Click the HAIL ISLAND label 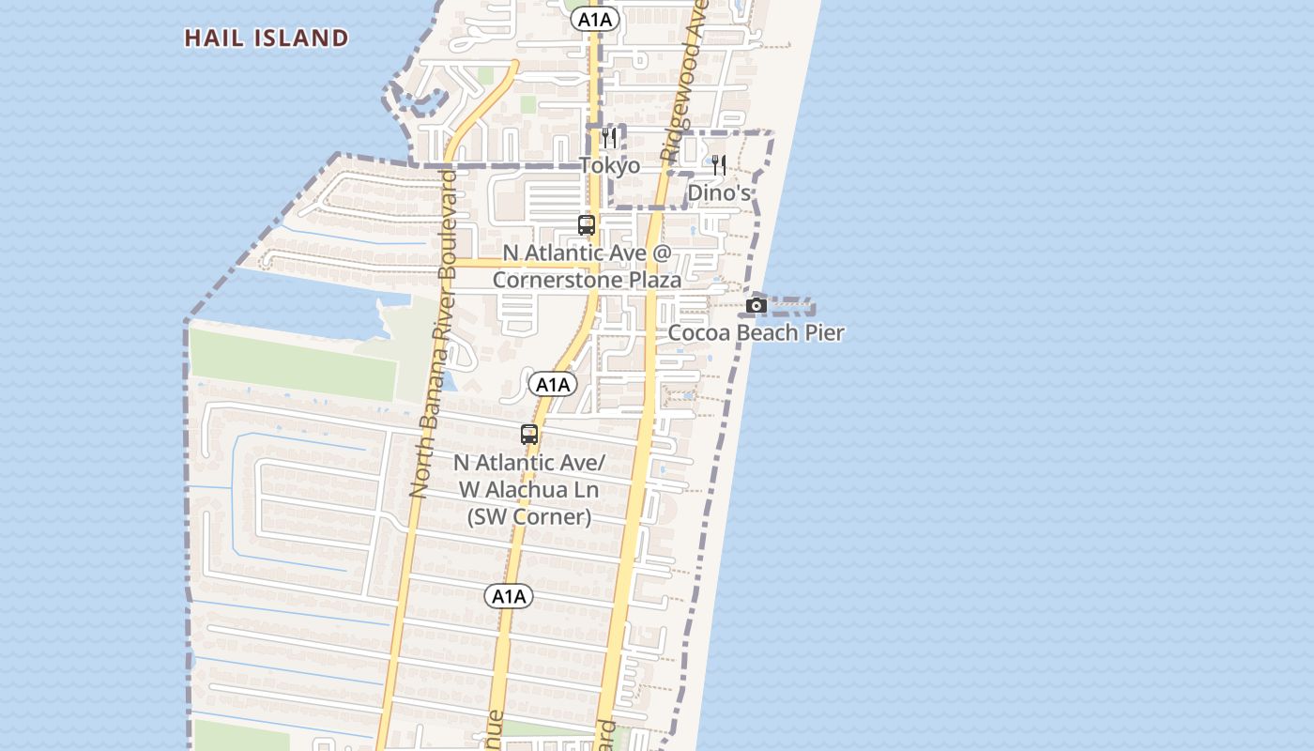click(x=267, y=38)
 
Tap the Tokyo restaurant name click(x=609, y=166)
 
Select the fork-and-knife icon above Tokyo click(x=609, y=139)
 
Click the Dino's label click(x=719, y=192)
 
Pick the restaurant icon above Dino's click(x=718, y=165)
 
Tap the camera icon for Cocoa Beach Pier click(x=756, y=305)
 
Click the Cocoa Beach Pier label click(x=756, y=332)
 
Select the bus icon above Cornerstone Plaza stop click(x=587, y=225)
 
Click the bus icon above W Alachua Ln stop click(x=529, y=435)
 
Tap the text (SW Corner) click(x=529, y=516)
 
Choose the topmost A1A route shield click(x=595, y=19)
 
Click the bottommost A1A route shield click(x=509, y=596)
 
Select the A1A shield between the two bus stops click(x=552, y=384)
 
